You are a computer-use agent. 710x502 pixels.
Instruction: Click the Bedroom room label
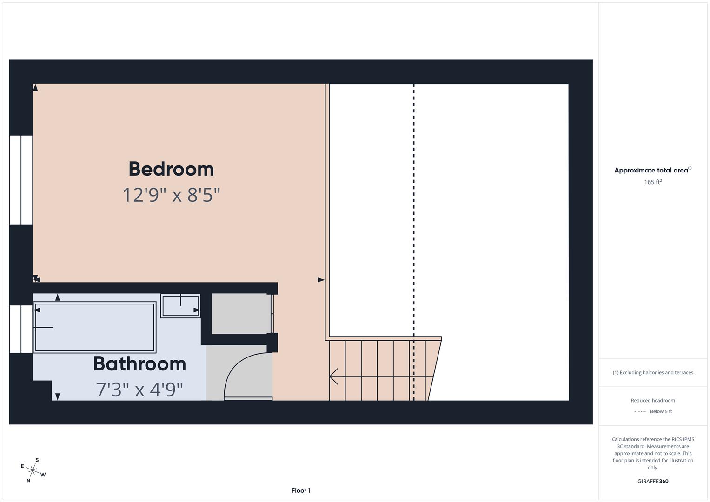click(171, 169)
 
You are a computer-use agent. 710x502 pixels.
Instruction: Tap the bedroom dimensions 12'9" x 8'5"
click(171, 195)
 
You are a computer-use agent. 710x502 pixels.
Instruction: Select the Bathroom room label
click(139, 363)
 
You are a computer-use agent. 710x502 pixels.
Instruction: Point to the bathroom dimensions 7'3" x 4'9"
click(139, 390)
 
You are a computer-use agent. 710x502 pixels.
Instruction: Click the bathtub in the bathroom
click(94, 327)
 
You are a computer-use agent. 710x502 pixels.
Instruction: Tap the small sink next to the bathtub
click(180, 306)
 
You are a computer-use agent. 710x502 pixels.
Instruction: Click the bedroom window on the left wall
click(21, 180)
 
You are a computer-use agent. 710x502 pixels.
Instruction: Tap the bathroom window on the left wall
click(21, 329)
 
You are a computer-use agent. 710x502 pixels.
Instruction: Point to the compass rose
click(33, 470)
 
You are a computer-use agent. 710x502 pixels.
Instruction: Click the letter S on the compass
click(37, 460)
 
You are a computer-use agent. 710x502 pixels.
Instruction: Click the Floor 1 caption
click(301, 490)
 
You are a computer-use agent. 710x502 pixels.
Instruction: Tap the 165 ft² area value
click(652, 182)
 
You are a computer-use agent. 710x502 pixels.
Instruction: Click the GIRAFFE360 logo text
click(652, 482)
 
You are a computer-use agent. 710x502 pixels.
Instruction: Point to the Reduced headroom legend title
click(652, 400)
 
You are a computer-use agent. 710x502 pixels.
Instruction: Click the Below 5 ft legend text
click(661, 411)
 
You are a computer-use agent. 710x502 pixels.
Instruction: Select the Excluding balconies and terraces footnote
click(652, 372)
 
